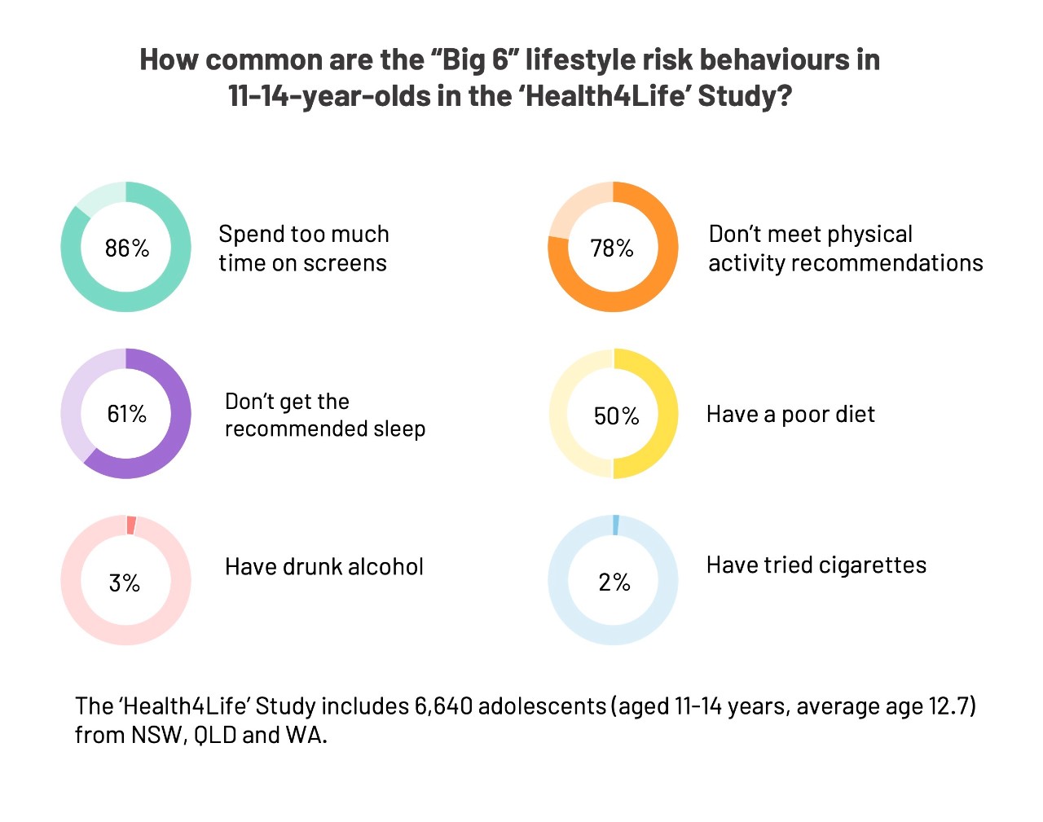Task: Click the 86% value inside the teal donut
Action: click(127, 248)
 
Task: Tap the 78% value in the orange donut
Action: click(612, 248)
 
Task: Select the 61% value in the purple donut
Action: click(127, 414)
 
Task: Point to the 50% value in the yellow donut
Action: click(616, 416)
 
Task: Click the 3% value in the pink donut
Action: click(125, 582)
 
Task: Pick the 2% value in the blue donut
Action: click(614, 582)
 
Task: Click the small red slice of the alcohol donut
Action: click(131, 525)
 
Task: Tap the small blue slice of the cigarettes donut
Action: click(616, 525)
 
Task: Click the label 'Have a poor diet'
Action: click(790, 415)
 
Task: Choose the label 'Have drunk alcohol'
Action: click(324, 567)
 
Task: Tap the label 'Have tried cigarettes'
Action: click(816, 565)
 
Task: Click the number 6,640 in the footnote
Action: click(443, 706)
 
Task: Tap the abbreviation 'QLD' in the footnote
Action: click(215, 735)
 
